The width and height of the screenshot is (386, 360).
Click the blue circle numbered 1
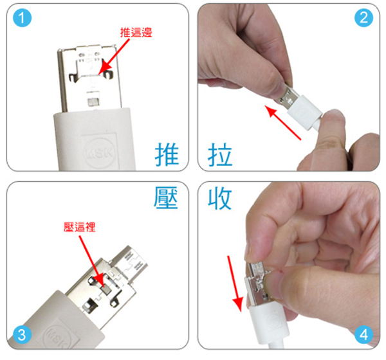tap(22, 18)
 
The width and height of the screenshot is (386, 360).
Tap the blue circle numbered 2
tap(363, 18)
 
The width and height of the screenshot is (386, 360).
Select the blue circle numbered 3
tap(22, 335)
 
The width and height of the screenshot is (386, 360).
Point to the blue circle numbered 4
tap(363, 335)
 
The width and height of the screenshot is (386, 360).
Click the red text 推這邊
tap(136, 33)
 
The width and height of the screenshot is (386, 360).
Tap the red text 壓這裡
tap(80, 227)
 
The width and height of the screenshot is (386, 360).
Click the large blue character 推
tap(167, 154)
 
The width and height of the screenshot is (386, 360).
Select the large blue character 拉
tap(220, 154)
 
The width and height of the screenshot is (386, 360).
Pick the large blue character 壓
tap(166, 197)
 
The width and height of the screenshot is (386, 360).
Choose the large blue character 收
tap(220, 199)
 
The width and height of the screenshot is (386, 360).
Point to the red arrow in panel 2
tap(283, 123)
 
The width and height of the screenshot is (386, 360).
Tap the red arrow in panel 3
tap(91, 262)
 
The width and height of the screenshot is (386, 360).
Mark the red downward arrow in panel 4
tap(235, 283)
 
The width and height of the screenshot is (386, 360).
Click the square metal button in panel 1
tap(93, 102)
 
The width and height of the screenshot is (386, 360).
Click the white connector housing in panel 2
tap(305, 113)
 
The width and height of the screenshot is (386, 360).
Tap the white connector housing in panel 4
tap(270, 323)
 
